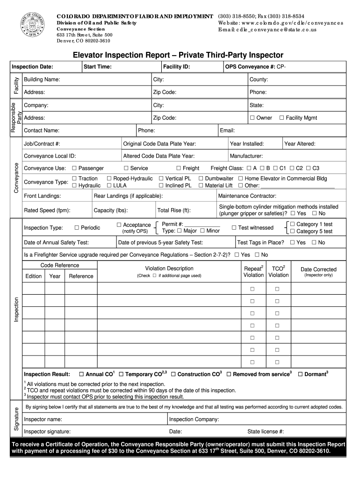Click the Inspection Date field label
point(32,67)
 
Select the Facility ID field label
point(176,67)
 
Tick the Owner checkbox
point(252,118)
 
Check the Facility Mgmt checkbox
point(281,118)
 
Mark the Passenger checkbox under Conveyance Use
point(74,168)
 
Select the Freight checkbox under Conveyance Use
point(179,168)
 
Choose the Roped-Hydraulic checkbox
point(109,179)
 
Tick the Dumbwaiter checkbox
point(201,179)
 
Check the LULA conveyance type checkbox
point(109,186)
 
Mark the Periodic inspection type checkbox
point(77,228)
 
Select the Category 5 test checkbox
point(293,231)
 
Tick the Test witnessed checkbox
point(234,228)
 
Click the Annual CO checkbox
point(81,374)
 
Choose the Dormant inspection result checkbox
point(300,374)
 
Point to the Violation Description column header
point(169,269)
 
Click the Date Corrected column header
point(318,269)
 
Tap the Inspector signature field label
point(47,431)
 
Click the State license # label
point(266,431)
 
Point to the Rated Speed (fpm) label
point(47,210)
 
